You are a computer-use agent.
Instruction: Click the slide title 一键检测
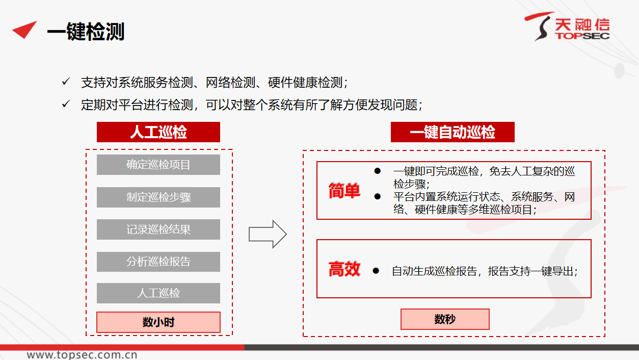tap(86, 31)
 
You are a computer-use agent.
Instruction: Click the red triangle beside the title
tap(25, 30)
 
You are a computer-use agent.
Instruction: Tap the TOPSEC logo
tap(567, 27)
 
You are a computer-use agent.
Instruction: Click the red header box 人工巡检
tap(158, 132)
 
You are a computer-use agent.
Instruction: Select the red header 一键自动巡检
tap(452, 132)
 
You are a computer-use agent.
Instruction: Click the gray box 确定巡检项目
tap(158, 165)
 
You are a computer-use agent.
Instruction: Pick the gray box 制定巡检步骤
tap(158, 197)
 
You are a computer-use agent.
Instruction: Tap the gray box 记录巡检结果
tap(158, 229)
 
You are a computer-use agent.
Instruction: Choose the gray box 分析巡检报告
tap(158, 262)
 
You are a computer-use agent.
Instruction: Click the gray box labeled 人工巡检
tap(158, 293)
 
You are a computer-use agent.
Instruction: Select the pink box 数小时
tap(158, 322)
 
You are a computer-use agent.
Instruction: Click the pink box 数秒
tap(445, 319)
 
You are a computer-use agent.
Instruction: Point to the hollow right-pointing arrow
tap(268, 234)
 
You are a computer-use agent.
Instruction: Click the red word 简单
tap(344, 191)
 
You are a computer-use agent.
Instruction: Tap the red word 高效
tap(344, 269)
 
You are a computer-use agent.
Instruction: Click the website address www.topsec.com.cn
tap(82, 355)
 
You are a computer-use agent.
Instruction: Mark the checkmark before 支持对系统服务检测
tap(66, 82)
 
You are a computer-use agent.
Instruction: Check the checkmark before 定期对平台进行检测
tap(66, 104)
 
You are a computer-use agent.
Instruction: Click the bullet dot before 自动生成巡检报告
tap(376, 271)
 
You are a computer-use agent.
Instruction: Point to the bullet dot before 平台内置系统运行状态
tap(378, 196)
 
